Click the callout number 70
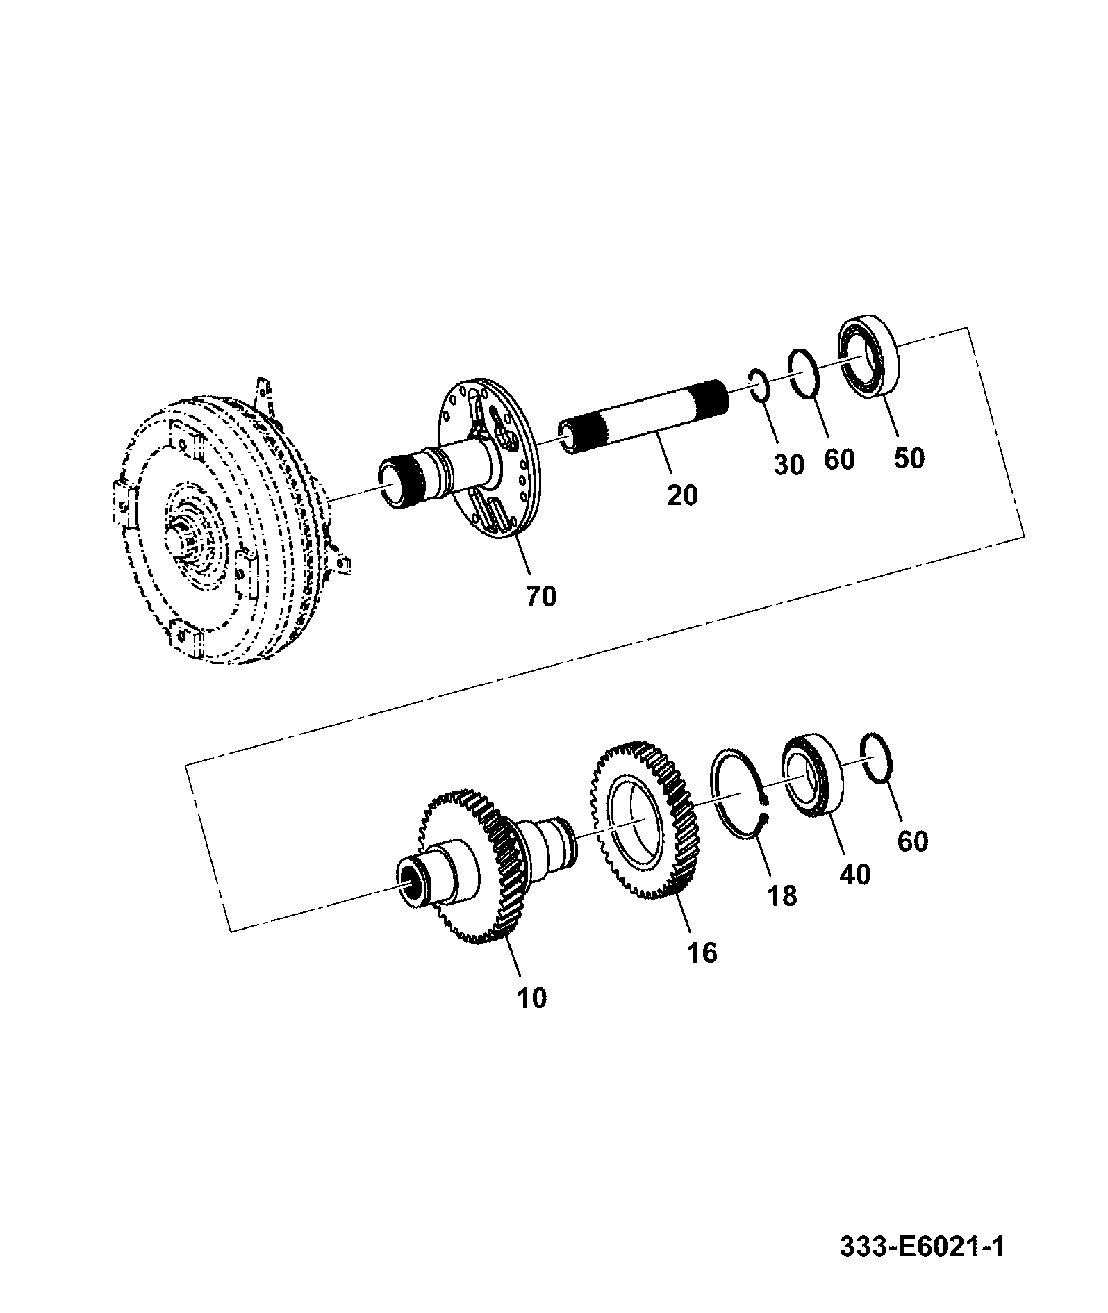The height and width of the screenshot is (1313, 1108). [x=541, y=595]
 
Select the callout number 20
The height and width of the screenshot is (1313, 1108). [x=681, y=495]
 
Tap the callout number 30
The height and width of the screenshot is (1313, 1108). [x=788, y=465]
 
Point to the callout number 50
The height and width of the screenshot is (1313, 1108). [x=909, y=458]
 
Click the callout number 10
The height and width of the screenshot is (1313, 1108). [x=532, y=998]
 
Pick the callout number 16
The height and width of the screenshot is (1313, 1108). [x=702, y=952]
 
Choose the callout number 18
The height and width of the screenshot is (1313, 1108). [x=782, y=895]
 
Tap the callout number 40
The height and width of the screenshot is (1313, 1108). [x=854, y=874]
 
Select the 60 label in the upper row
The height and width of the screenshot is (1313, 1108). [x=838, y=459]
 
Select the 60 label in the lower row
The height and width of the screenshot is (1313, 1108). [x=912, y=841]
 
